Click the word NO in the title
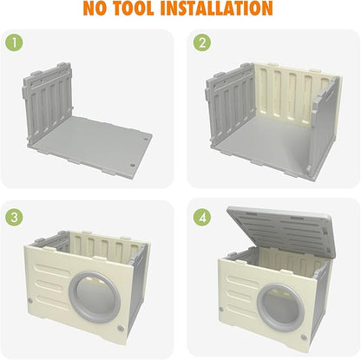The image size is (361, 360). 95,8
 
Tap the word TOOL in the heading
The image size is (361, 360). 134,8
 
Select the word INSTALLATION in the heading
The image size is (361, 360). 216,8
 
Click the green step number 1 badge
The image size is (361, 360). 14,43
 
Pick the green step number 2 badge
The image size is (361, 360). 202,43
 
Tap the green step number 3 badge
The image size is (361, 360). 14,217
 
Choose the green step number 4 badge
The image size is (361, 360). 202,217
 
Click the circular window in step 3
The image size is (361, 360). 95,298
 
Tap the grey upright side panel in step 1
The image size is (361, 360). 47,101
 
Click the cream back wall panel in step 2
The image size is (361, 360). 292,94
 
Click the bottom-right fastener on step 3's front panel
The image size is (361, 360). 121,329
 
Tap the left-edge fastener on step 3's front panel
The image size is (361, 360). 30,301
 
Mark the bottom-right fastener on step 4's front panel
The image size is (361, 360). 304,337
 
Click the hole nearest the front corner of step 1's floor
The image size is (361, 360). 133,166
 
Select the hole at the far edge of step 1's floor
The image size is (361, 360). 146,140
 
